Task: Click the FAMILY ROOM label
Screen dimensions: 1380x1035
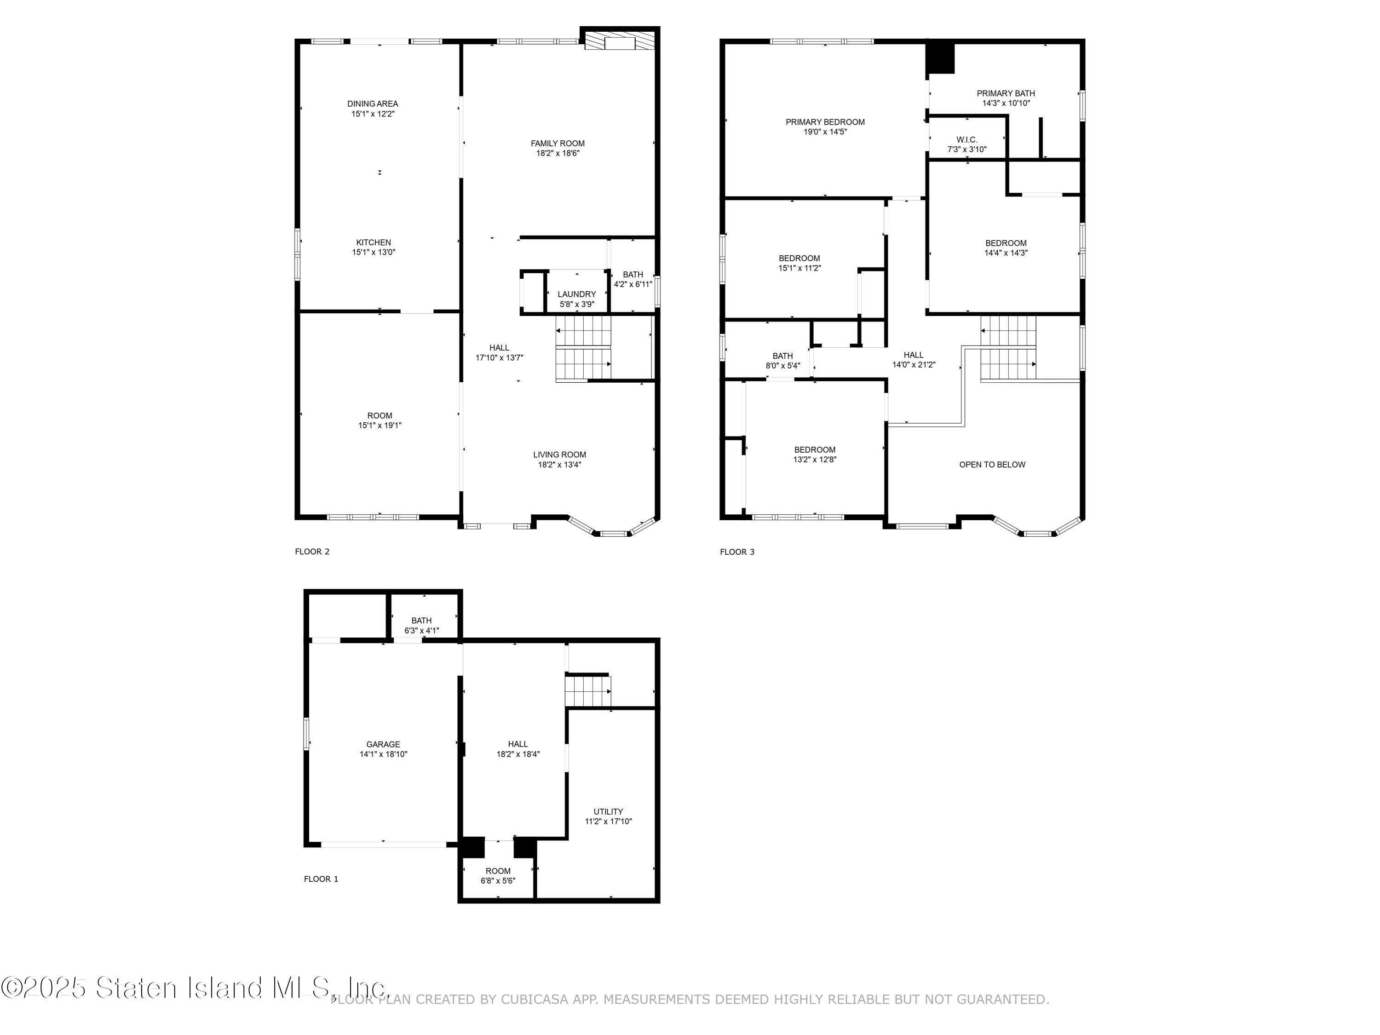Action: pos(558,144)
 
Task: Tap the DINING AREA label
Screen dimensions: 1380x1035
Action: pos(373,103)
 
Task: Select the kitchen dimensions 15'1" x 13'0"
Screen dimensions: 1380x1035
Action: pos(374,253)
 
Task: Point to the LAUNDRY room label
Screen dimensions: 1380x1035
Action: pos(576,294)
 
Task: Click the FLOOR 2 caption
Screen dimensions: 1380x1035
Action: pos(312,552)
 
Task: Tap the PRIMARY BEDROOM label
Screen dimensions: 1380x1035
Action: pos(825,122)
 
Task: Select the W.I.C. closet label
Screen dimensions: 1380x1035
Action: pos(967,140)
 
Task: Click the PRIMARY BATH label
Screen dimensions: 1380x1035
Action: pos(1006,93)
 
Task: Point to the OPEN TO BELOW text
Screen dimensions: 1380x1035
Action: pos(992,465)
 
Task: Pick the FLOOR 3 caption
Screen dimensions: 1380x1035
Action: pos(737,552)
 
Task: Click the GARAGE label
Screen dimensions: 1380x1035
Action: pos(383,744)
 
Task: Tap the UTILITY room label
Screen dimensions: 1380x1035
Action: pos(608,811)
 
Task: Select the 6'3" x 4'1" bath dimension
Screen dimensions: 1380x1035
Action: pos(422,631)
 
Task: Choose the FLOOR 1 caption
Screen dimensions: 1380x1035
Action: pos(321,879)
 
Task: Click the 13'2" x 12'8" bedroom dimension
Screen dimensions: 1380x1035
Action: pos(815,460)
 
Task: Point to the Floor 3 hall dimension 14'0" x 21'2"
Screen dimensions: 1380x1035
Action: pos(914,365)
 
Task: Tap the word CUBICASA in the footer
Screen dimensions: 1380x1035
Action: pos(535,1000)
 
